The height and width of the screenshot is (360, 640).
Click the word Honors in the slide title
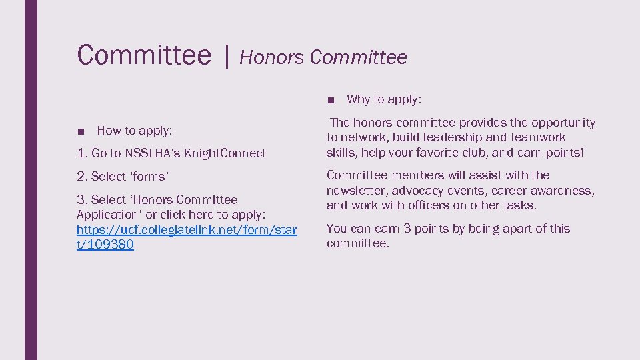point(271,58)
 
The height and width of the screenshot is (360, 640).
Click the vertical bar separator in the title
point(227,56)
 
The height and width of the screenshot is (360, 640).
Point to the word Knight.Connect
point(225,153)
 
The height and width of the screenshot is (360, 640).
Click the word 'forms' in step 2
point(149,177)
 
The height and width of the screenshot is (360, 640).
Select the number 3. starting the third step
point(82,200)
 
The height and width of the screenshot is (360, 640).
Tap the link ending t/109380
point(105,245)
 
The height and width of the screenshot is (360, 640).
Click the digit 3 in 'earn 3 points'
point(407,229)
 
